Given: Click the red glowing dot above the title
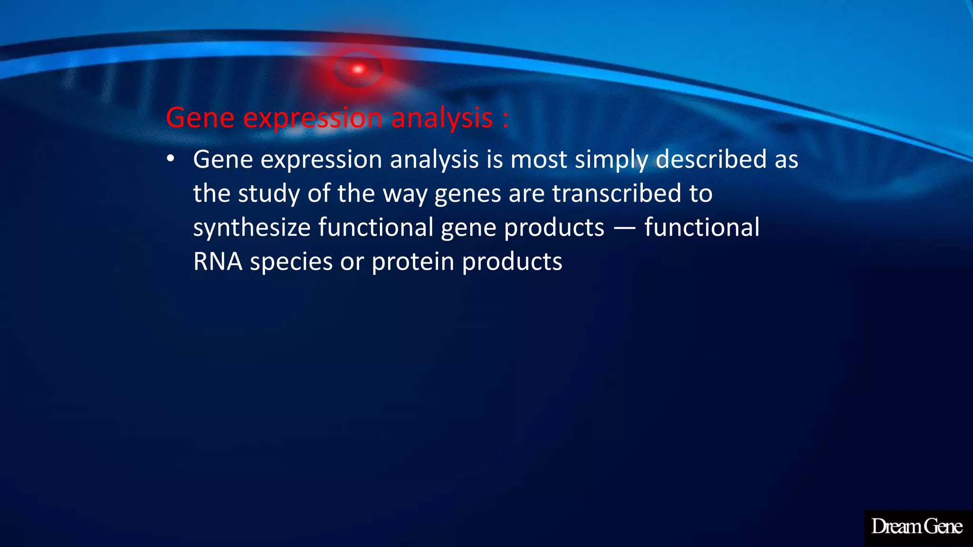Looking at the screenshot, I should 358,70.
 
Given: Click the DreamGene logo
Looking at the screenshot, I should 917,527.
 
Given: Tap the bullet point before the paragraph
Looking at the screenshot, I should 171,159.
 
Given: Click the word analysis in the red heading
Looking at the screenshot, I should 442,118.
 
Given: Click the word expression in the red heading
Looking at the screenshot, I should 313,118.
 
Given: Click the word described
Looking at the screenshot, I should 711,159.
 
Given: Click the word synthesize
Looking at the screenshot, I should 252,228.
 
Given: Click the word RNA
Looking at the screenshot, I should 218,262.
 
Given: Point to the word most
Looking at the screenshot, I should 538,160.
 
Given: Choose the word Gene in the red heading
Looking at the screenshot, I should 200,118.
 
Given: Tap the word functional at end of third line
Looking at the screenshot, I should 702,227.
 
